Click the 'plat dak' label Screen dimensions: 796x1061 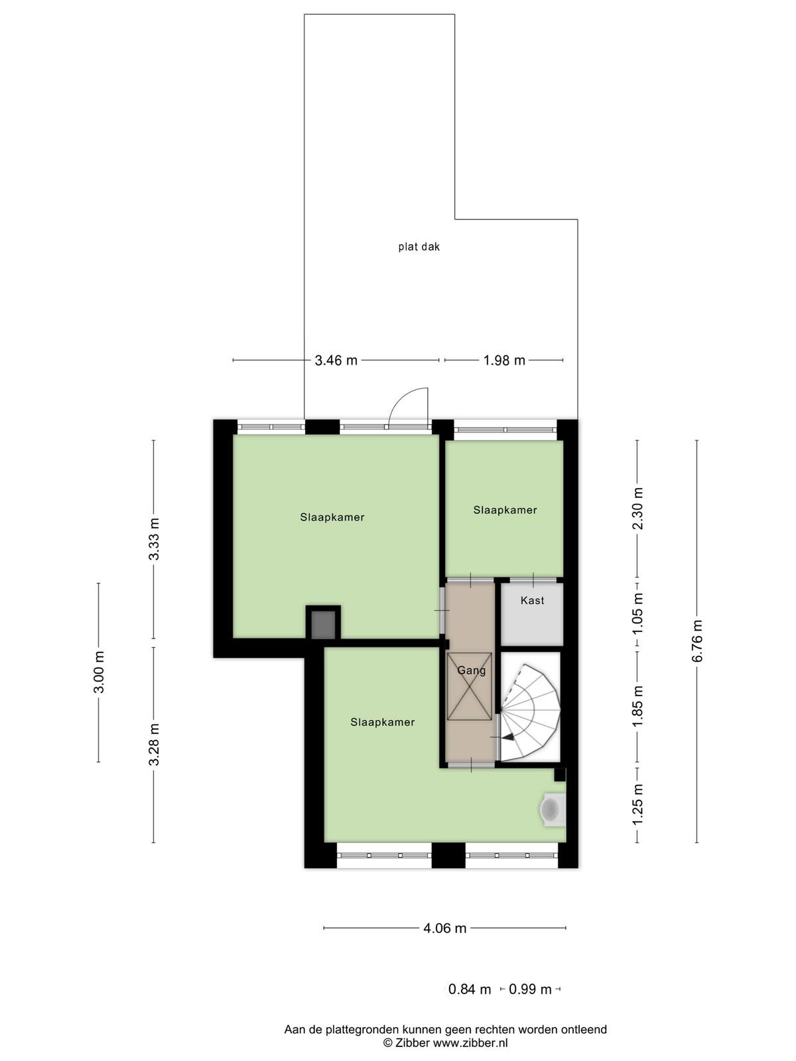click(x=419, y=247)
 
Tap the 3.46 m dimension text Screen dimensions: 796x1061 click(x=336, y=360)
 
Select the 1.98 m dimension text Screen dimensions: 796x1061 click(x=504, y=360)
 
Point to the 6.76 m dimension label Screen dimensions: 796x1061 click(x=697, y=641)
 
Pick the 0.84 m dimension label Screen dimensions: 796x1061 click(x=469, y=989)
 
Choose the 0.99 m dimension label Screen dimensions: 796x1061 click(x=530, y=989)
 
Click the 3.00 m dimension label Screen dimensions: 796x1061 click(x=99, y=672)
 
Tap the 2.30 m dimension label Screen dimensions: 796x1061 click(x=638, y=509)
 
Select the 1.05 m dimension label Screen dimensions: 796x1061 click(x=638, y=615)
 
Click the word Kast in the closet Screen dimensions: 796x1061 click(x=532, y=600)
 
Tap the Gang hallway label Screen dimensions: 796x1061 click(x=471, y=671)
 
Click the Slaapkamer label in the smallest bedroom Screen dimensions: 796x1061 click(x=505, y=510)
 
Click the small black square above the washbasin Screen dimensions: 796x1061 click(x=560, y=775)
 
